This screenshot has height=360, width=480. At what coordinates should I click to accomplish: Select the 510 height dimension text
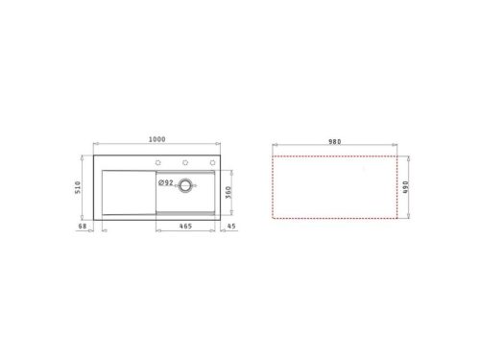coord(80,188)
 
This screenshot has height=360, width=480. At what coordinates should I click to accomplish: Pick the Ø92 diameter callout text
coord(164,182)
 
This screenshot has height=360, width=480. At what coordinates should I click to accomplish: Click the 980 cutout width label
coord(335,139)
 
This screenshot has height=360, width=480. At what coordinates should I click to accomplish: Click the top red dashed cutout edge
coord(335,155)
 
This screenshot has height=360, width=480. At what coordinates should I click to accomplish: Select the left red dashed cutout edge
coord(273,188)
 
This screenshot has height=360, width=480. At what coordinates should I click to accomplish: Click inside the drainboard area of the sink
coord(123,190)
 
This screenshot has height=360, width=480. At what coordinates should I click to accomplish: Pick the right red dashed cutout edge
coord(397,188)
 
